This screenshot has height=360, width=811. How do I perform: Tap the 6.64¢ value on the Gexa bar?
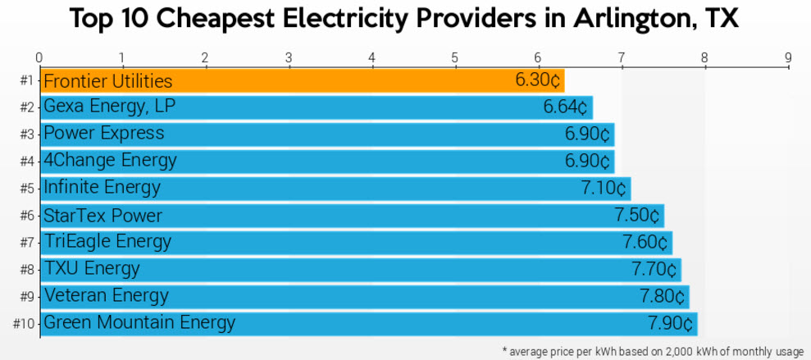565,107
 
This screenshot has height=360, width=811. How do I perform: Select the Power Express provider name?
103,134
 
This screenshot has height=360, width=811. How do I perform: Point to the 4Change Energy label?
109,160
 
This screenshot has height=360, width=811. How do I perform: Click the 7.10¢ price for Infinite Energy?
604,188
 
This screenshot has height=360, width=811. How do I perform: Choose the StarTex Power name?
103,216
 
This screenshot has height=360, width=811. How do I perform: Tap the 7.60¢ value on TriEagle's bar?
645,243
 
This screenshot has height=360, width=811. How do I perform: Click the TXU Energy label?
91,269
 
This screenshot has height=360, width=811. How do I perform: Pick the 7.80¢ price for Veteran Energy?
662,296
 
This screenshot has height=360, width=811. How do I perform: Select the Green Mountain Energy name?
139,322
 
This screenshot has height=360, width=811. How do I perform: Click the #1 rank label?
26,81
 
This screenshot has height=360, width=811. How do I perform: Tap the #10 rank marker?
23,323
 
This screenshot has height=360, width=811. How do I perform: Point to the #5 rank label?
26,189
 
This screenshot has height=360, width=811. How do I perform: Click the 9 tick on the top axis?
788,57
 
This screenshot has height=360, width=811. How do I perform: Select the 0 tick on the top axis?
39,57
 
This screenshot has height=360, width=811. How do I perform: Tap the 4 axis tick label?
372,57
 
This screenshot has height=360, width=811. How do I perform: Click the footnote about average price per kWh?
653,351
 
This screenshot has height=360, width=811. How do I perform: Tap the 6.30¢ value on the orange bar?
538,81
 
